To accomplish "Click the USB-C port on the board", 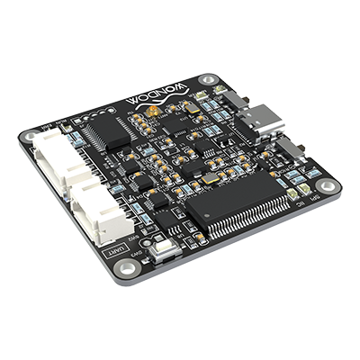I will pyautogui.click(x=264, y=124).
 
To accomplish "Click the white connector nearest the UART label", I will pyautogui.click(x=101, y=212).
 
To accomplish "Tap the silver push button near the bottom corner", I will pyautogui.click(x=163, y=249).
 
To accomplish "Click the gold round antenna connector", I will pyautogui.click(x=156, y=111).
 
